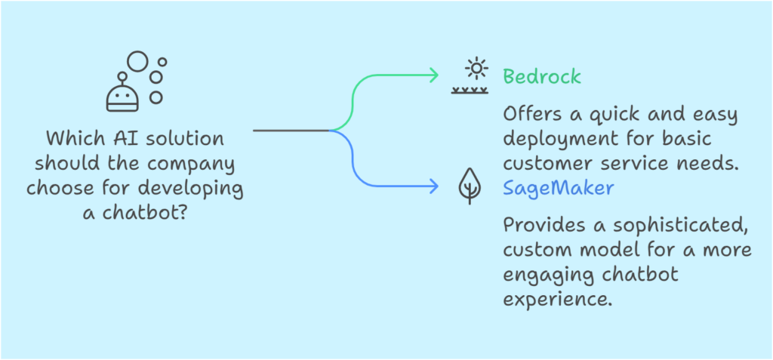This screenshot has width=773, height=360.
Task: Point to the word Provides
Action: click(539, 225)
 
